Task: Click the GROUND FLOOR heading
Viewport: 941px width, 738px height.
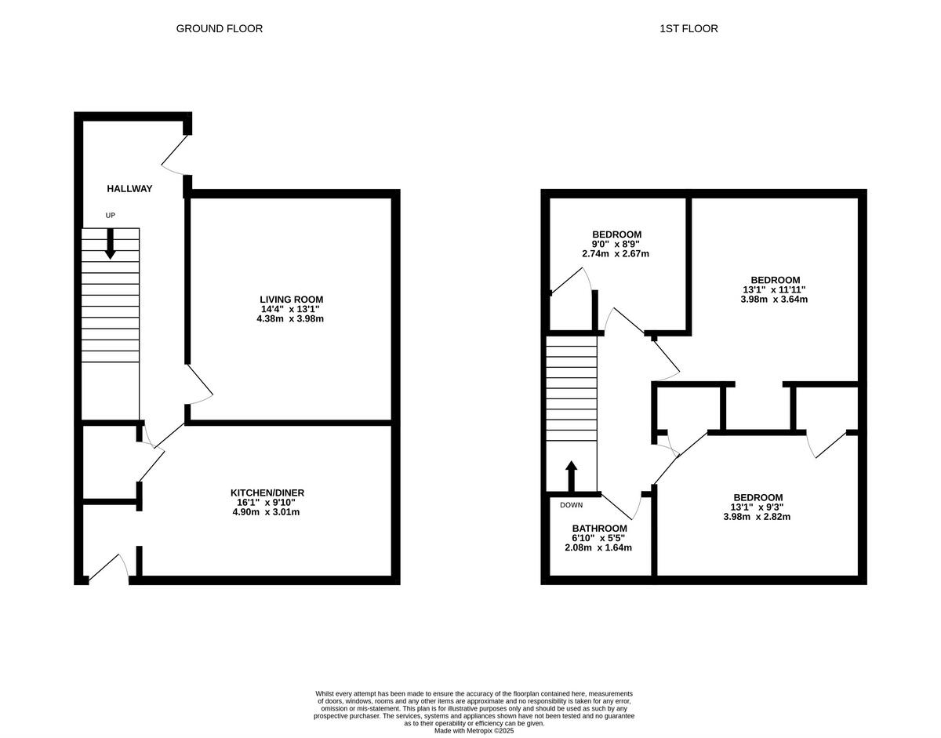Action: point(219,28)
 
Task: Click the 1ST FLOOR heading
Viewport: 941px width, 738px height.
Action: point(688,28)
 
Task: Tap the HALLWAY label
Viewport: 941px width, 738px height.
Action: point(129,188)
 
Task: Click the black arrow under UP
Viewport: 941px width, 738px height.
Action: point(110,243)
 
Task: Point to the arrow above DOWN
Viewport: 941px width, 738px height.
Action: point(571,475)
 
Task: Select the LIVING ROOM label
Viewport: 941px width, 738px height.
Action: point(291,299)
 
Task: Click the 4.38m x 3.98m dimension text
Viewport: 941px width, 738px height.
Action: point(291,318)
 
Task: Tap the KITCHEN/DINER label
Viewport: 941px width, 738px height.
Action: point(267,493)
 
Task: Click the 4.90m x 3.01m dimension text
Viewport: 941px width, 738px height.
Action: point(267,512)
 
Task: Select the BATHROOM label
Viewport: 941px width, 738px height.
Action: point(599,528)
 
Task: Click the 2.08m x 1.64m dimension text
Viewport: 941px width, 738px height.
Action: point(598,547)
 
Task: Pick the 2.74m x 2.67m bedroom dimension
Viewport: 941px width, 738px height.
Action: point(616,253)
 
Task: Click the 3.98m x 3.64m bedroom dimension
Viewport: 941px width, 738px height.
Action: point(775,299)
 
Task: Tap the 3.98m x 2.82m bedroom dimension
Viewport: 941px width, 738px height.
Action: point(758,516)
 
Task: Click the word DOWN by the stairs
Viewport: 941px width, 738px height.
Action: point(571,505)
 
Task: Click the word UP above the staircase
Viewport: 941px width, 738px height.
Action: point(110,215)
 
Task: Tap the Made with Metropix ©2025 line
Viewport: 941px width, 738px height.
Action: point(474,730)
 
